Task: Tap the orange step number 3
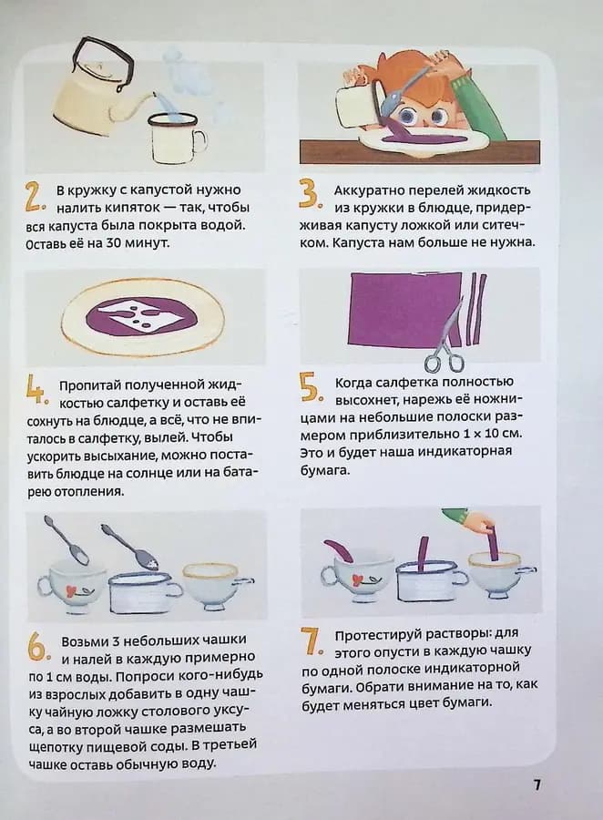point(309,195)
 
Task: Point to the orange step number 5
point(310,387)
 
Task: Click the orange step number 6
point(36,646)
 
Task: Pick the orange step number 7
point(312,641)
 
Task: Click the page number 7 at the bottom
point(537,784)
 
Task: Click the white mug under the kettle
point(175,138)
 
